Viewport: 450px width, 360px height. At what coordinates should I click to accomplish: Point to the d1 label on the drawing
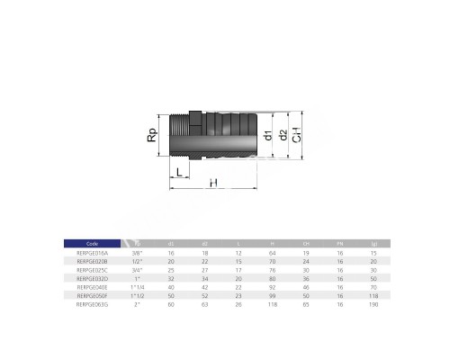(267, 138)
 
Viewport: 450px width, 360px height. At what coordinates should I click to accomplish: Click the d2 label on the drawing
(282, 138)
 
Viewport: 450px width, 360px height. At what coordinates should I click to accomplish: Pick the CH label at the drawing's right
(297, 138)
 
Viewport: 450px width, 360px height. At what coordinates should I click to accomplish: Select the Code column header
(92, 243)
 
